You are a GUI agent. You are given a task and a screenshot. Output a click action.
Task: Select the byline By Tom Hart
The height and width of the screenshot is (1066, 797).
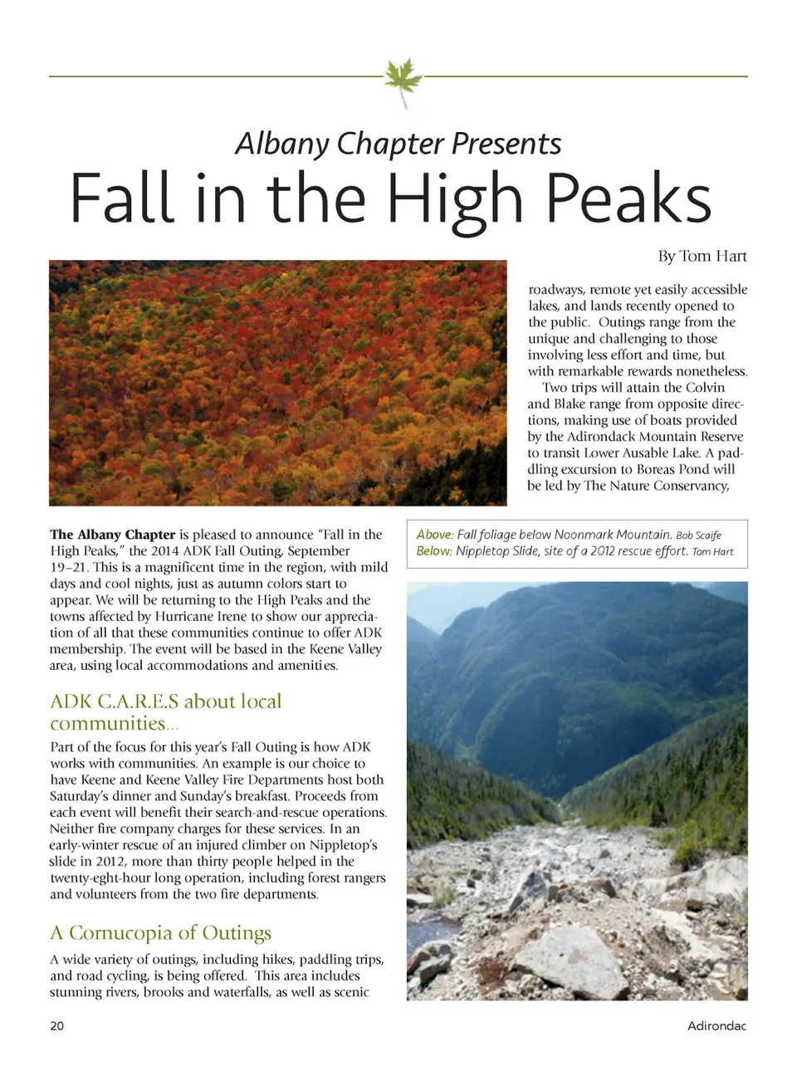click(x=702, y=256)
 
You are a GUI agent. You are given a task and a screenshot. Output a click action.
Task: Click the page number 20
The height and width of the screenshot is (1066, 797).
click(x=56, y=1025)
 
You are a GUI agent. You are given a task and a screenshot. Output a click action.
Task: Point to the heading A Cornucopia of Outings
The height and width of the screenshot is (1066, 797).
click(x=160, y=933)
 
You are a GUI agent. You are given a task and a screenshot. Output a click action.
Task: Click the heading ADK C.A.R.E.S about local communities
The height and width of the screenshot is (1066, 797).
click(x=165, y=711)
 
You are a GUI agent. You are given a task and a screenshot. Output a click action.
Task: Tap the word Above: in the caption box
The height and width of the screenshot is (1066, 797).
click(x=435, y=535)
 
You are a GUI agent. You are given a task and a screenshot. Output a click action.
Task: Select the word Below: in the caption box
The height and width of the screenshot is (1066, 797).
click(x=434, y=551)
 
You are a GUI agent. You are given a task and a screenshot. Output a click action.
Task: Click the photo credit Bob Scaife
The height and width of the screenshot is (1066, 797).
click(x=698, y=535)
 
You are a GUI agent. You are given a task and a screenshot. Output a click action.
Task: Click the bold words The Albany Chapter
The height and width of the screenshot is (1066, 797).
click(x=113, y=535)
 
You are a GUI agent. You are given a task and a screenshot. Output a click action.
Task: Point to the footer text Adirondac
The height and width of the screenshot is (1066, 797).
click(x=716, y=1025)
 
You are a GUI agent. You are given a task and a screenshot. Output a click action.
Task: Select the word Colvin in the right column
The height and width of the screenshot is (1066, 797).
click(x=705, y=388)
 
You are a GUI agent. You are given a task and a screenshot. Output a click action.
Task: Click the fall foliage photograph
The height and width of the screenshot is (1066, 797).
click(x=277, y=383)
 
